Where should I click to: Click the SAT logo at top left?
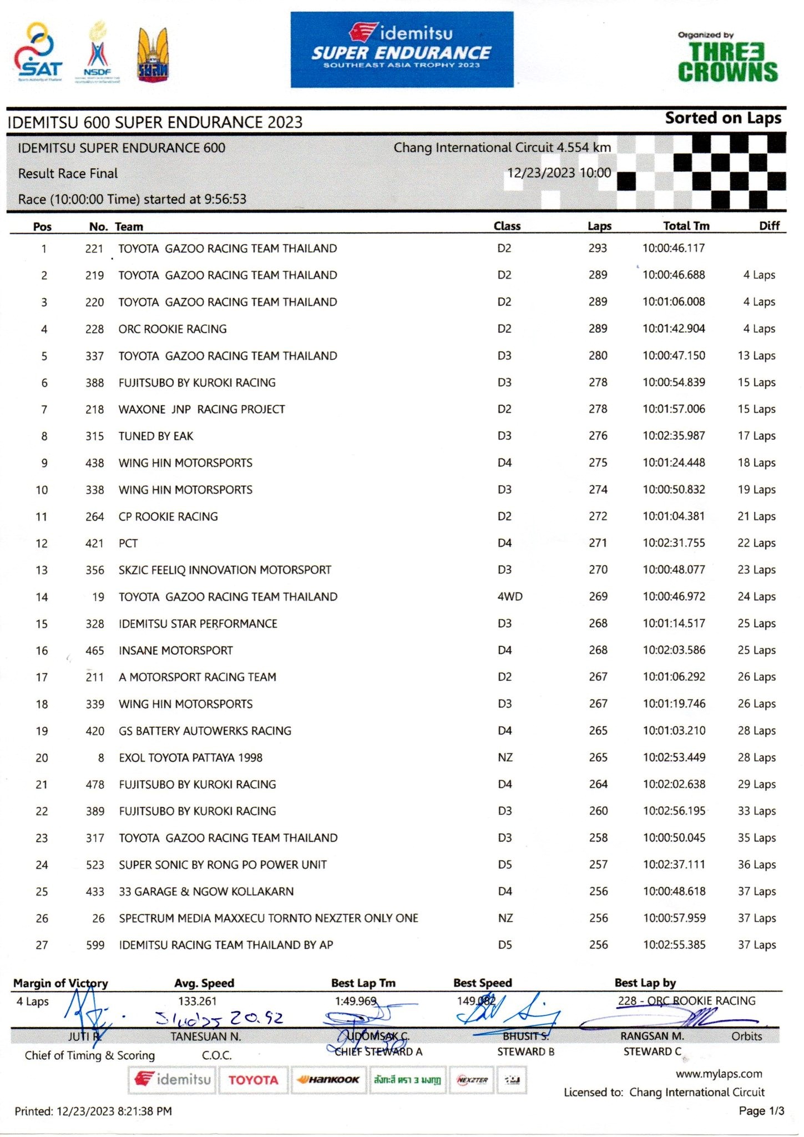[x=38, y=53]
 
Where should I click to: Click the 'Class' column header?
[x=507, y=226]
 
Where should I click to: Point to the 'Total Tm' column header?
[x=686, y=226]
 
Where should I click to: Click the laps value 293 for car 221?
[x=598, y=248]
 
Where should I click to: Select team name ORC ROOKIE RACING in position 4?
[x=173, y=329]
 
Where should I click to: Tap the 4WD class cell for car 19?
[x=509, y=597]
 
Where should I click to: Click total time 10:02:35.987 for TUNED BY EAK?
[x=674, y=436]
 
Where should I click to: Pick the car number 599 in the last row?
[x=95, y=945]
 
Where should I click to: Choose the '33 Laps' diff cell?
[x=756, y=811]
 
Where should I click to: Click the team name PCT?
[x=128, y=544]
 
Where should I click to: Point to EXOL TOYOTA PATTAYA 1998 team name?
[x=190, y=758]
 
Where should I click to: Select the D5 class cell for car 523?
[x=504, y=865]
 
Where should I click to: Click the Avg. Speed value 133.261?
[x=198, y=1002]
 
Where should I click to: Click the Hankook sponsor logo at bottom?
[x=328, y=1080]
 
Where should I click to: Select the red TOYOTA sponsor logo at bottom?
[x=253, y=1080]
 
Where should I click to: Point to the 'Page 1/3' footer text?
[x=761, y=1111]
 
